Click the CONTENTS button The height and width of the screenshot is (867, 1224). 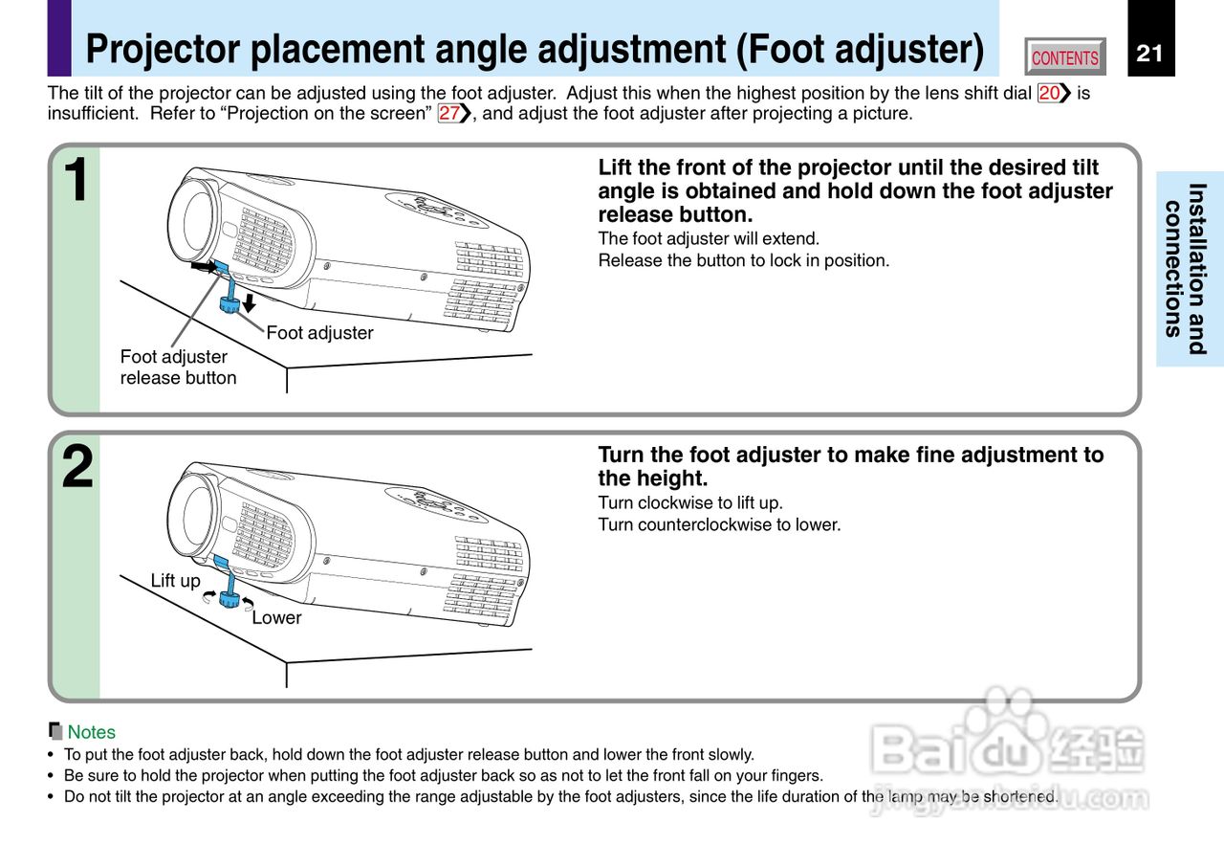tap(1064, 57)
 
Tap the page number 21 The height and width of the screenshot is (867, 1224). tap(1149, 53)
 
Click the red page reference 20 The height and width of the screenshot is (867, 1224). tap(1049, 93)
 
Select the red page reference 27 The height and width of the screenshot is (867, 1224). tap(449, 113)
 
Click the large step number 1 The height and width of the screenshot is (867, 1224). tap(76, 181)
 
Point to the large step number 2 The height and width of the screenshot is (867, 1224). tap(76, 468)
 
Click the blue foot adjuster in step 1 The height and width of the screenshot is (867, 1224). tap(229, 304)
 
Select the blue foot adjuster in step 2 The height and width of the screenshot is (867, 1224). tap(229, 598)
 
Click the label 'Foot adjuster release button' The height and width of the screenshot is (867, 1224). tap(178, 367)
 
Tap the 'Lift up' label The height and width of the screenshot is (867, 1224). tap(176, 581)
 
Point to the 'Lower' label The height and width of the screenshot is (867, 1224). tap(276, 618)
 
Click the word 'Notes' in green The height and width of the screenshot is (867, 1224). tap(91, 732)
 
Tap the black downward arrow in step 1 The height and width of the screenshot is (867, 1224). tap(250, 303)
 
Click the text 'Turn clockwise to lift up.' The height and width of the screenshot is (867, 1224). tap(690, 502)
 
